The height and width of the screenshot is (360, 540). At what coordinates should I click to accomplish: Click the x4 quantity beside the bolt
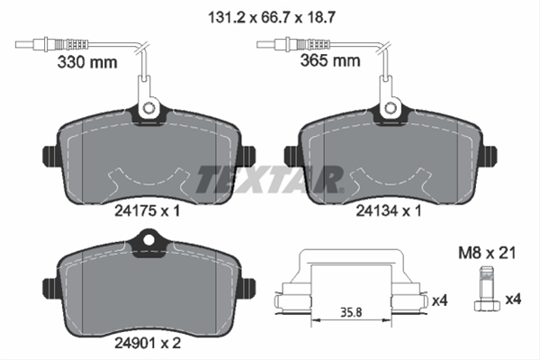coord(514,297)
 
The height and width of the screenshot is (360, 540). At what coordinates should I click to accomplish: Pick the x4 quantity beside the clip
coord(438,297)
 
